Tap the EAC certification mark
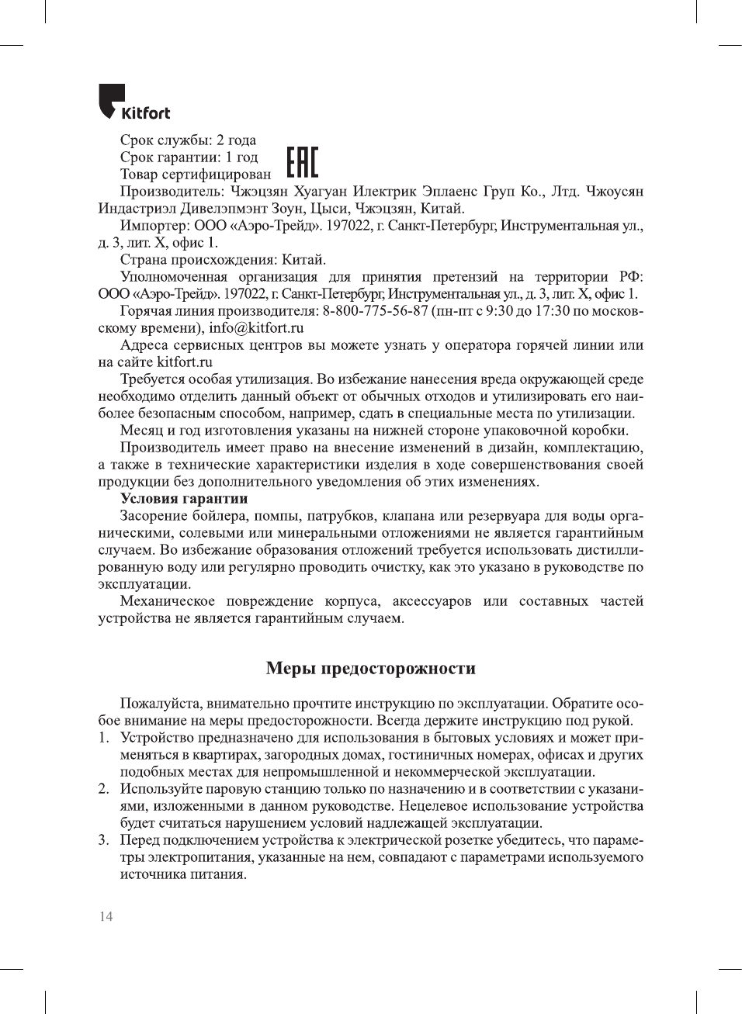click(x=302, y=162)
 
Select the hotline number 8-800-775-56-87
click(x=375, y=310)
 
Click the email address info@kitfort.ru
click(x=256, y=327)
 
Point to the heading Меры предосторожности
click(x=370, y=668)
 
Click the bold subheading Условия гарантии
click(x=183, y=498)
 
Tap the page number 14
click(x=106, y=916)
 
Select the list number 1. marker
click(x=103, y=737)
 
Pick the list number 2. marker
click(x=103, y=788)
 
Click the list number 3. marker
click(x=103, y=839)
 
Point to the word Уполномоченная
click(x=173, y=276)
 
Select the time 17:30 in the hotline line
click(x=552, y=310)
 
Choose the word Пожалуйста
click(x=158, y=703)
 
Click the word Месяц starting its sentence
click(x=142, y=430)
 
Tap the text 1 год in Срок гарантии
click(x=241, y=157)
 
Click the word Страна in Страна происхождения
click(x=144, y=259)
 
